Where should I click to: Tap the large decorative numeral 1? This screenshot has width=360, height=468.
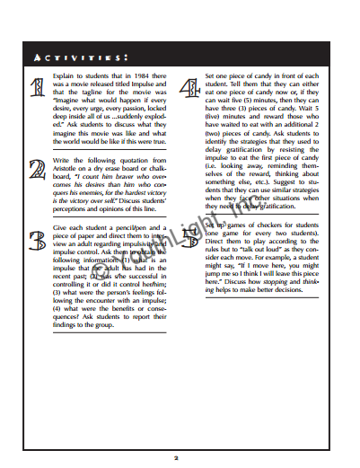point(39,89)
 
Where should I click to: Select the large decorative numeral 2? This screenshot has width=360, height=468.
point(39,170)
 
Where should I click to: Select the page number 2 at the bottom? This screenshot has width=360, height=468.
point(177,456)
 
